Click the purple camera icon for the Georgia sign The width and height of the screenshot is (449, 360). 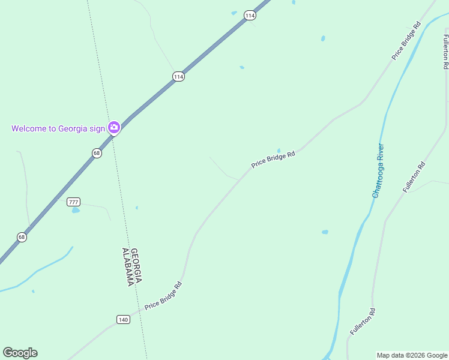pyautogui.click(x=113, y=127)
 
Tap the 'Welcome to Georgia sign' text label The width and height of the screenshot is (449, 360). pyautogui.click(x=58, y=128)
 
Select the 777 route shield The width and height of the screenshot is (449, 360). pyautogui.click(x=74, y=202)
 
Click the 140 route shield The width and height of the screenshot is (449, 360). pyautogui.click(x=123, y=319)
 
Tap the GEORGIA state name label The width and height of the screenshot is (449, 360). pyautogui.click(x=136, y=266)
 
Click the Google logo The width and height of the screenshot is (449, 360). pyautogui.click(x=20, y=352)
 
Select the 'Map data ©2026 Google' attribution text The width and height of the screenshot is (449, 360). pyautogui.click(x=412, y=355)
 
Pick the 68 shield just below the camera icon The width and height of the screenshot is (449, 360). pyautogui.click(x=97, y=153)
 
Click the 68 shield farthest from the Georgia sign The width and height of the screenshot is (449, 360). pyautogui.click(x=22, y=237)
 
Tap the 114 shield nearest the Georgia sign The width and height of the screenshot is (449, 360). pyautogui.click(x=178, y=76)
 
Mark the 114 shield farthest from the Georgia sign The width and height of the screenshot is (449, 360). pyautogui.click(x=250, y=16)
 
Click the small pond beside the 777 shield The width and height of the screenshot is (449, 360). pyautogui.click(x=76, y=211)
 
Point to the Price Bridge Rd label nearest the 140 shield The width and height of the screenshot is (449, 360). pyautogui.click(x=163, y=295)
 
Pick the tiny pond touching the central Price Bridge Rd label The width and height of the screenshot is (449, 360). pyautogui.click(x=279, y=151)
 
